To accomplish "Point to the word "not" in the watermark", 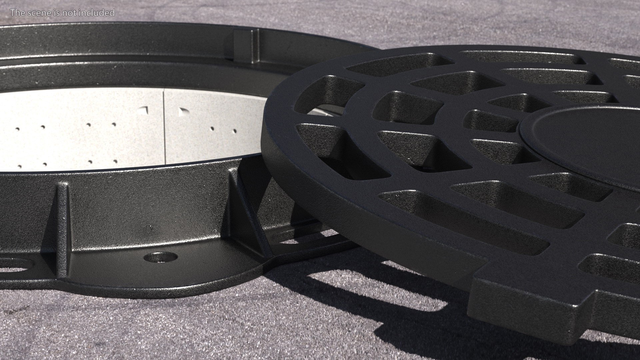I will coord(70,13).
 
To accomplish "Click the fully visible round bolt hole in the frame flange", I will coord(161,257).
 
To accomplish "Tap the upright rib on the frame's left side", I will coord(62,230).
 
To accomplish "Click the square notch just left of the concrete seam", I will coord(143,110).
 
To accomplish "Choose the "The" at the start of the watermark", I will coord(16,13).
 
